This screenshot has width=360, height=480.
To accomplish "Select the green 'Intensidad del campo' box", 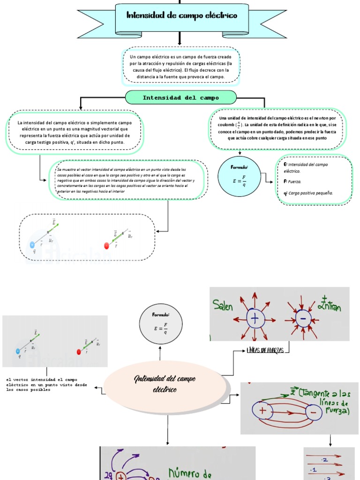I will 180,97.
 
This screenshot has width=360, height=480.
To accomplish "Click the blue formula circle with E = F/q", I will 240,176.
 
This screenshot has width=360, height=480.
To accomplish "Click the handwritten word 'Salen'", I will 223,307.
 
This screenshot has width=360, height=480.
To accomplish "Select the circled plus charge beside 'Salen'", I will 255,319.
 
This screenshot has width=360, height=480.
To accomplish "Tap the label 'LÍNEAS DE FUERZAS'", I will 265,350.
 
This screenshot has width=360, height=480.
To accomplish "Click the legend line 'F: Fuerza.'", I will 293,181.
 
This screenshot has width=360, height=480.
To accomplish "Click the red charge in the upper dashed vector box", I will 106,246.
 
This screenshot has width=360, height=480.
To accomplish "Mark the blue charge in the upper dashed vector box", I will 32,244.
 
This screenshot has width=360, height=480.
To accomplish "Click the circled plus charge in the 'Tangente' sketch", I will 262,411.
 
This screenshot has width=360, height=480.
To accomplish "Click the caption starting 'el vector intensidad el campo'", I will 46,384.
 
